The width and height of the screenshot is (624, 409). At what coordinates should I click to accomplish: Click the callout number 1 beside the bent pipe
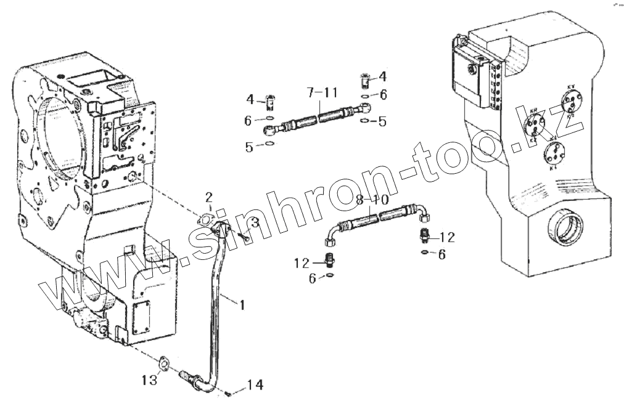(242, 304)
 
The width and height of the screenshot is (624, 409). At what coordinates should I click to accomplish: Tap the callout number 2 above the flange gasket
(209, 197)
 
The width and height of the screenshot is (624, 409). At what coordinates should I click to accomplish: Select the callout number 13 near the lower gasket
(149, 381)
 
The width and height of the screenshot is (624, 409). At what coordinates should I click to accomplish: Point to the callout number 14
(255, 385)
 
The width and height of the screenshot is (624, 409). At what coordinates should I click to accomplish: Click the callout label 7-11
(322, 92)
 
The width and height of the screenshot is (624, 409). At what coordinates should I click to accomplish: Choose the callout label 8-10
(372, 200)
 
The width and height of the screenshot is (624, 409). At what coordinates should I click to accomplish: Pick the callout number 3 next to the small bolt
(254, 222)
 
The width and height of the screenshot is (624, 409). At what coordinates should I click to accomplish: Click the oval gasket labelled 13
(164, 364)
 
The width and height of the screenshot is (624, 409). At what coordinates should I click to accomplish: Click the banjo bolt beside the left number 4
(271, 99)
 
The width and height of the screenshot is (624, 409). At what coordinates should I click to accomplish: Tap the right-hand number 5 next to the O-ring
(382, 121)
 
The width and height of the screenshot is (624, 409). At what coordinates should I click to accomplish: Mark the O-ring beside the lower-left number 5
(269, 145)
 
